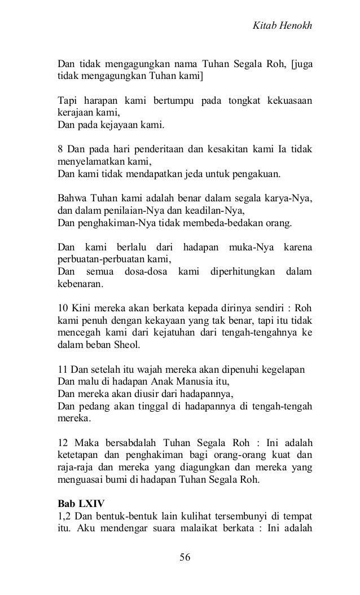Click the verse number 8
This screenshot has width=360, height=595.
(x=61, y=149)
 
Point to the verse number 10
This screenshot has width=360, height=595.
(x=64, y=309)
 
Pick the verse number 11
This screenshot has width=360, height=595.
(x=64, y=371)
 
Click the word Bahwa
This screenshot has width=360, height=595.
(x=72, y=199)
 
